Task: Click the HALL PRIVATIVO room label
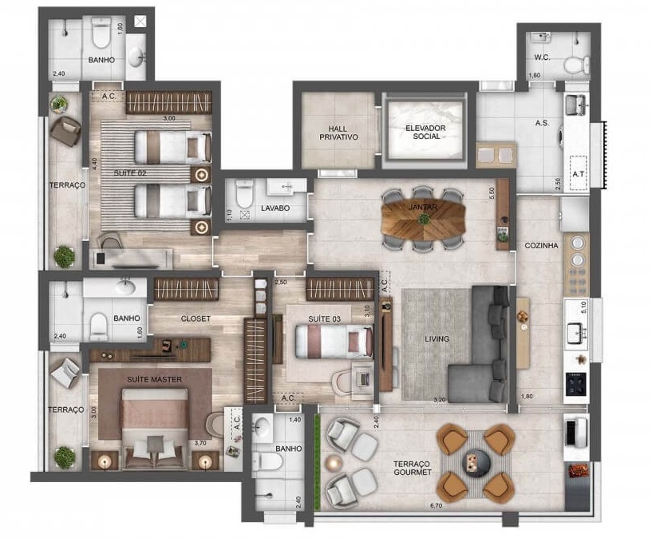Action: pos(338,132)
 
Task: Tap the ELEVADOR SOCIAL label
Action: pos(425,132)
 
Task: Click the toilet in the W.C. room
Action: pos(573,64)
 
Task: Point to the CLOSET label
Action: pos(196,318)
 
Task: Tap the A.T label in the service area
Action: pos(578,172)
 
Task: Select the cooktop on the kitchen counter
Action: pos(576,382)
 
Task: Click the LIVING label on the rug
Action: pos(437,339)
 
